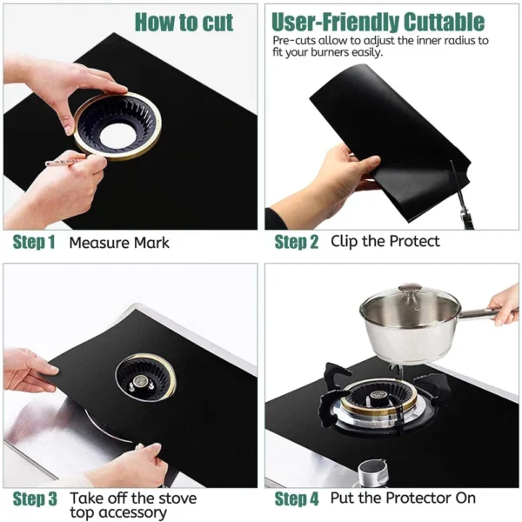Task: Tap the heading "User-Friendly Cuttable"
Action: coord(378,22)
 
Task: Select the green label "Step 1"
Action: coord(35,243)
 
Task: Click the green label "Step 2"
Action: coord(297,243)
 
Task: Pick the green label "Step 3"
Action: coord(36,499)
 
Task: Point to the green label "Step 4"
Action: coord(297,499)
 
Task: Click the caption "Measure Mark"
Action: coord(119,243)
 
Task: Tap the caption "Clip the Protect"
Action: coord(385,241)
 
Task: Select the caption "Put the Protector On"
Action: coord(403,498)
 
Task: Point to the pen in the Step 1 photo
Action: coord(66,161)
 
